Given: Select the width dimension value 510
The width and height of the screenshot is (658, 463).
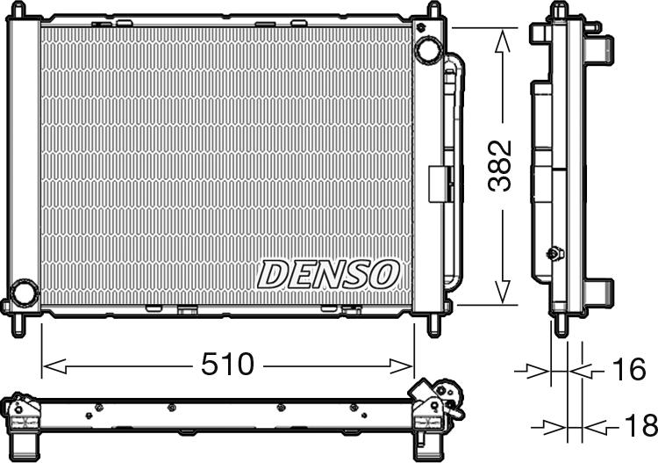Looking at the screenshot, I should click(228, 364).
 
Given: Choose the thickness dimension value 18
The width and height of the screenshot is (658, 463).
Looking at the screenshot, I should click(638, 426).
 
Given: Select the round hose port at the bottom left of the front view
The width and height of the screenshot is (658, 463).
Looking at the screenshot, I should click(24, 291).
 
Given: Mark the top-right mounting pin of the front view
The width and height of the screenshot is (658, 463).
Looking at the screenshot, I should click(433, 10).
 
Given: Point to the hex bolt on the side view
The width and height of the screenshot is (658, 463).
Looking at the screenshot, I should click(554, 254).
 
